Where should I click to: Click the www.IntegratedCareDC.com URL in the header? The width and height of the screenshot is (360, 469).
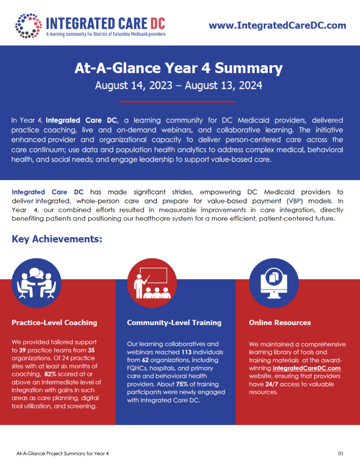point(278,26)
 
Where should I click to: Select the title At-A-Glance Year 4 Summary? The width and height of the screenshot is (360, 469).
point(179,69)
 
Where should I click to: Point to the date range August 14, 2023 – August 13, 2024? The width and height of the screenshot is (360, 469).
point(178,85)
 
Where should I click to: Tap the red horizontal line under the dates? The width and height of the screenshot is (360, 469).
point(177,102)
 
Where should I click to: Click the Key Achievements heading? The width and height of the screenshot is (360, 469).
point(57,239)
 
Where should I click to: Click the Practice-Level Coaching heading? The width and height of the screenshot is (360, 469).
point(55,322)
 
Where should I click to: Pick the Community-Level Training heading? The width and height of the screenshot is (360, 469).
point(174,322)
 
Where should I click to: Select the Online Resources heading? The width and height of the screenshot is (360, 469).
point(280,322)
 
